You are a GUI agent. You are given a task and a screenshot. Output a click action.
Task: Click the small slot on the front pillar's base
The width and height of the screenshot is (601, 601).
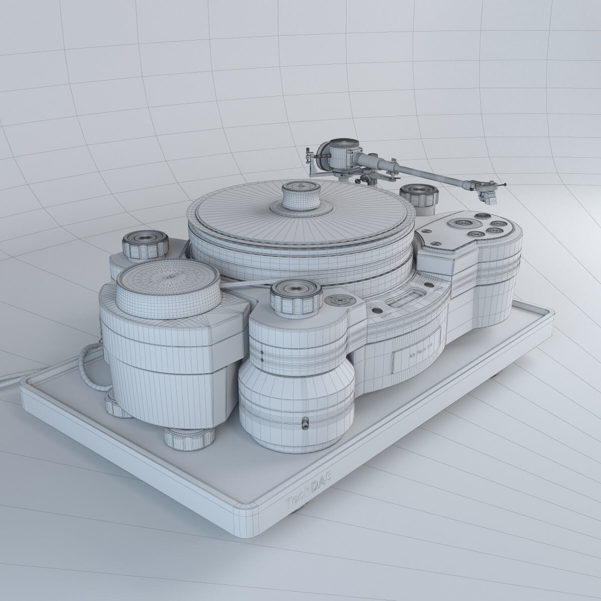tap(304, 424)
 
